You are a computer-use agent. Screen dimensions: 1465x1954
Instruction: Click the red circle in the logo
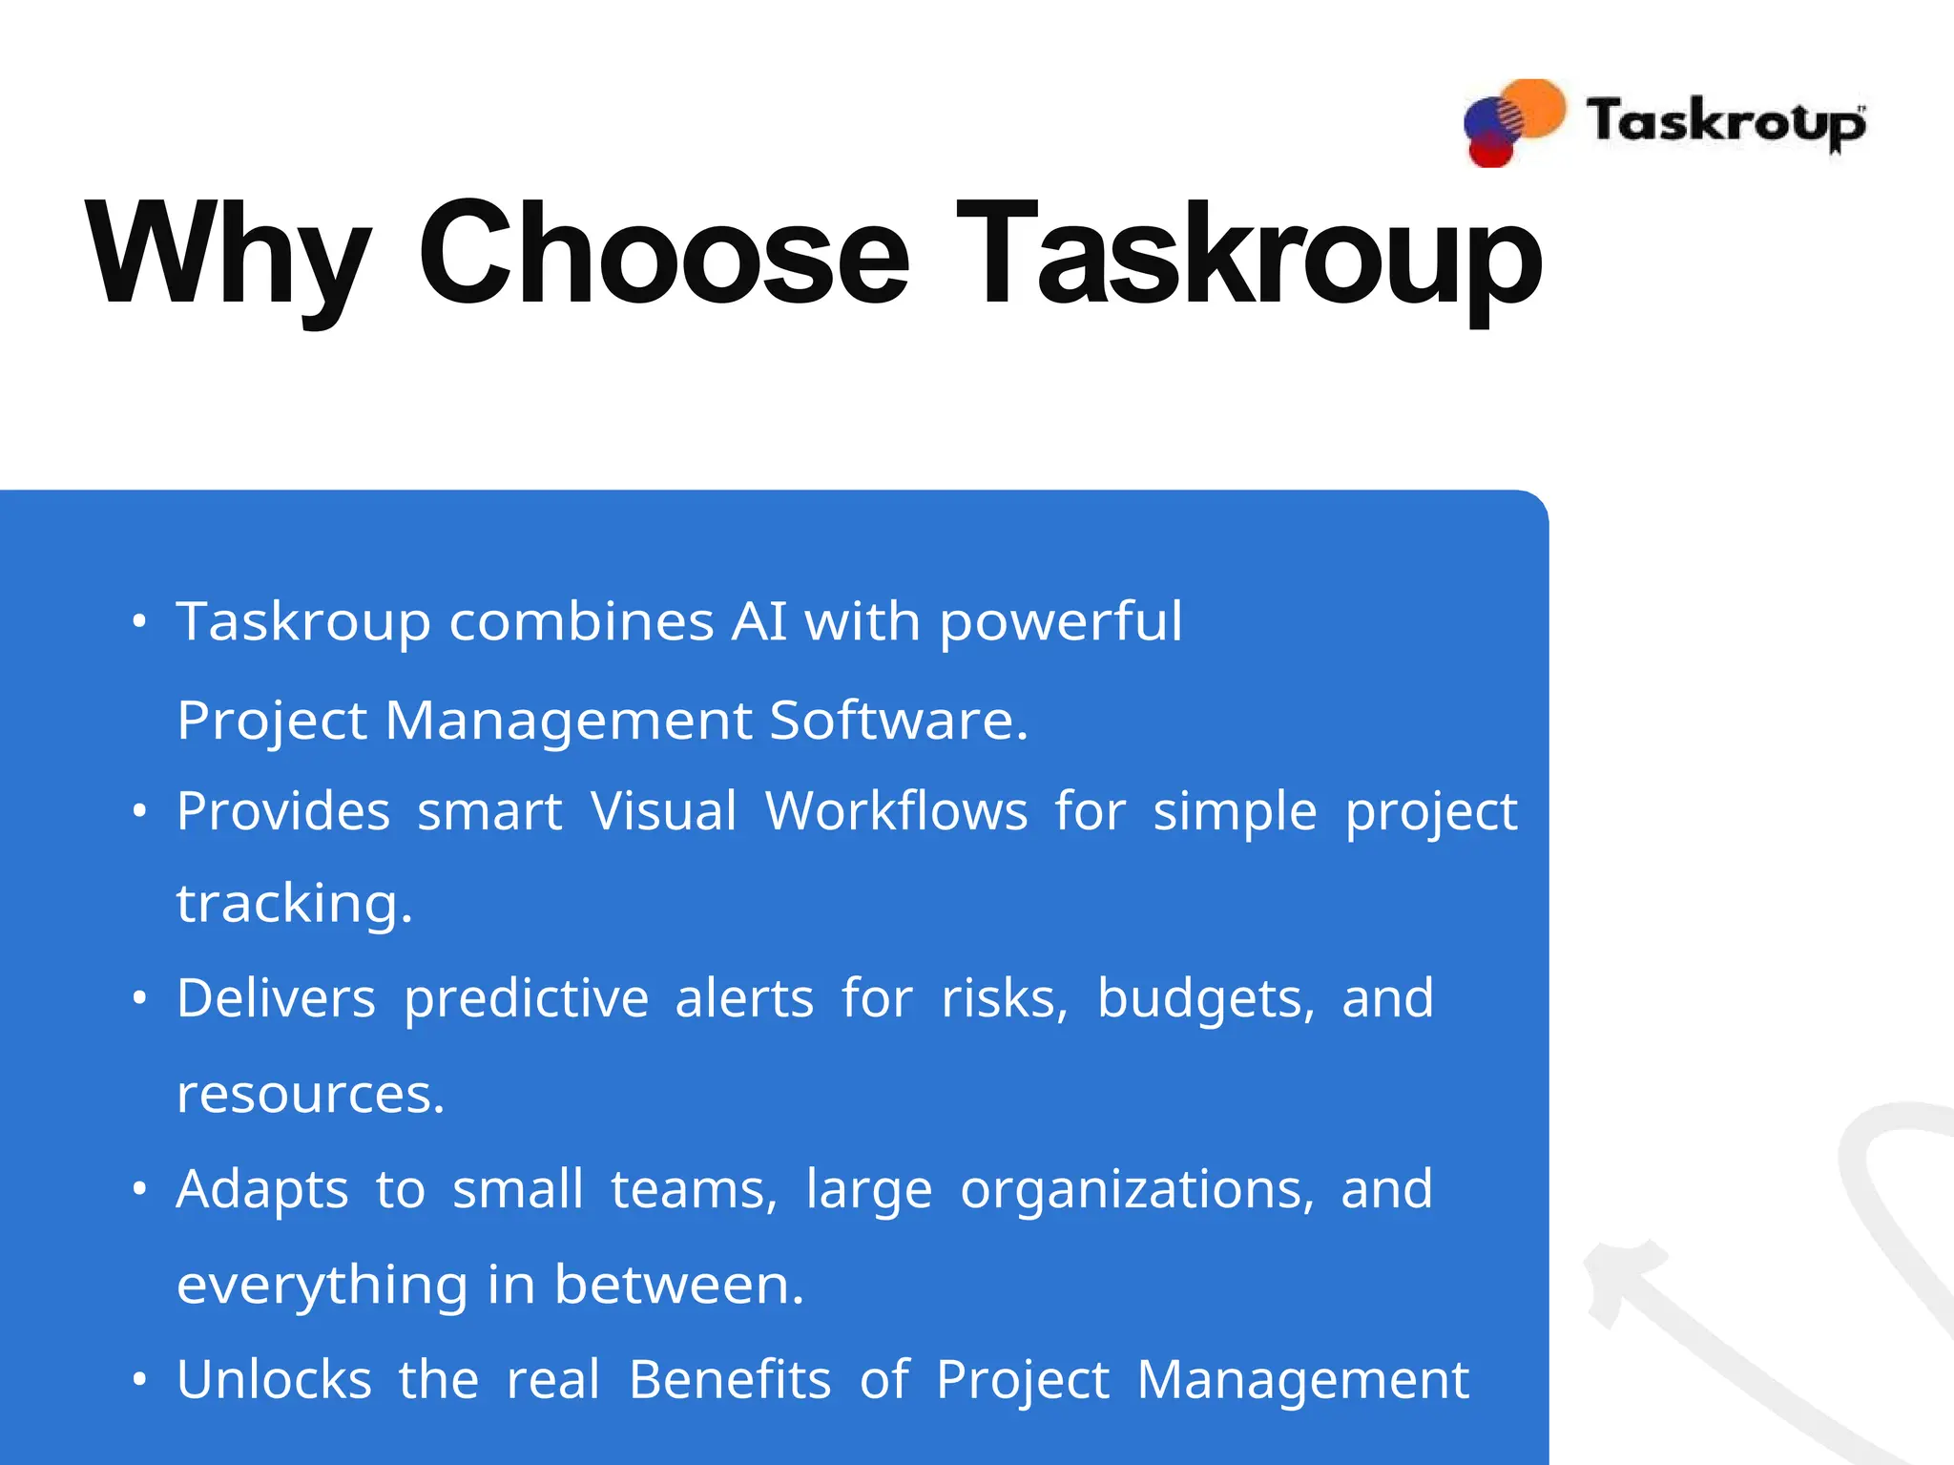(x=1489, y=151)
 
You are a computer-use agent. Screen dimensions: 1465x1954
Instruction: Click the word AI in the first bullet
(x=759, y=621)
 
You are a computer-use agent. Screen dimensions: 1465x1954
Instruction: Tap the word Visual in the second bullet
(x=664, y=811)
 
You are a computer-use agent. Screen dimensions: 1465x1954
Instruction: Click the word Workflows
(x=896, y=811)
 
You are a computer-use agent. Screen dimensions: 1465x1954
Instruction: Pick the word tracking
(x=294, y=904)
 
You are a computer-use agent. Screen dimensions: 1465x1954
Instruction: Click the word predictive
(x=527, y=999)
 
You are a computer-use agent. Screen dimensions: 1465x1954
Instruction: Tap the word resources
(x=310, y=1094)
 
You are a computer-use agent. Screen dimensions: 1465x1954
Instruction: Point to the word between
(x=678, y=1285)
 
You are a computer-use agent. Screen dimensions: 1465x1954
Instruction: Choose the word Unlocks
(x=274, y=1380)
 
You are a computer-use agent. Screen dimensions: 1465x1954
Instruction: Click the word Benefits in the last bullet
(x=730, y=1380)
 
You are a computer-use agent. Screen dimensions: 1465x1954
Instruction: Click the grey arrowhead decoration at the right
(x=1617, y=1274)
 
